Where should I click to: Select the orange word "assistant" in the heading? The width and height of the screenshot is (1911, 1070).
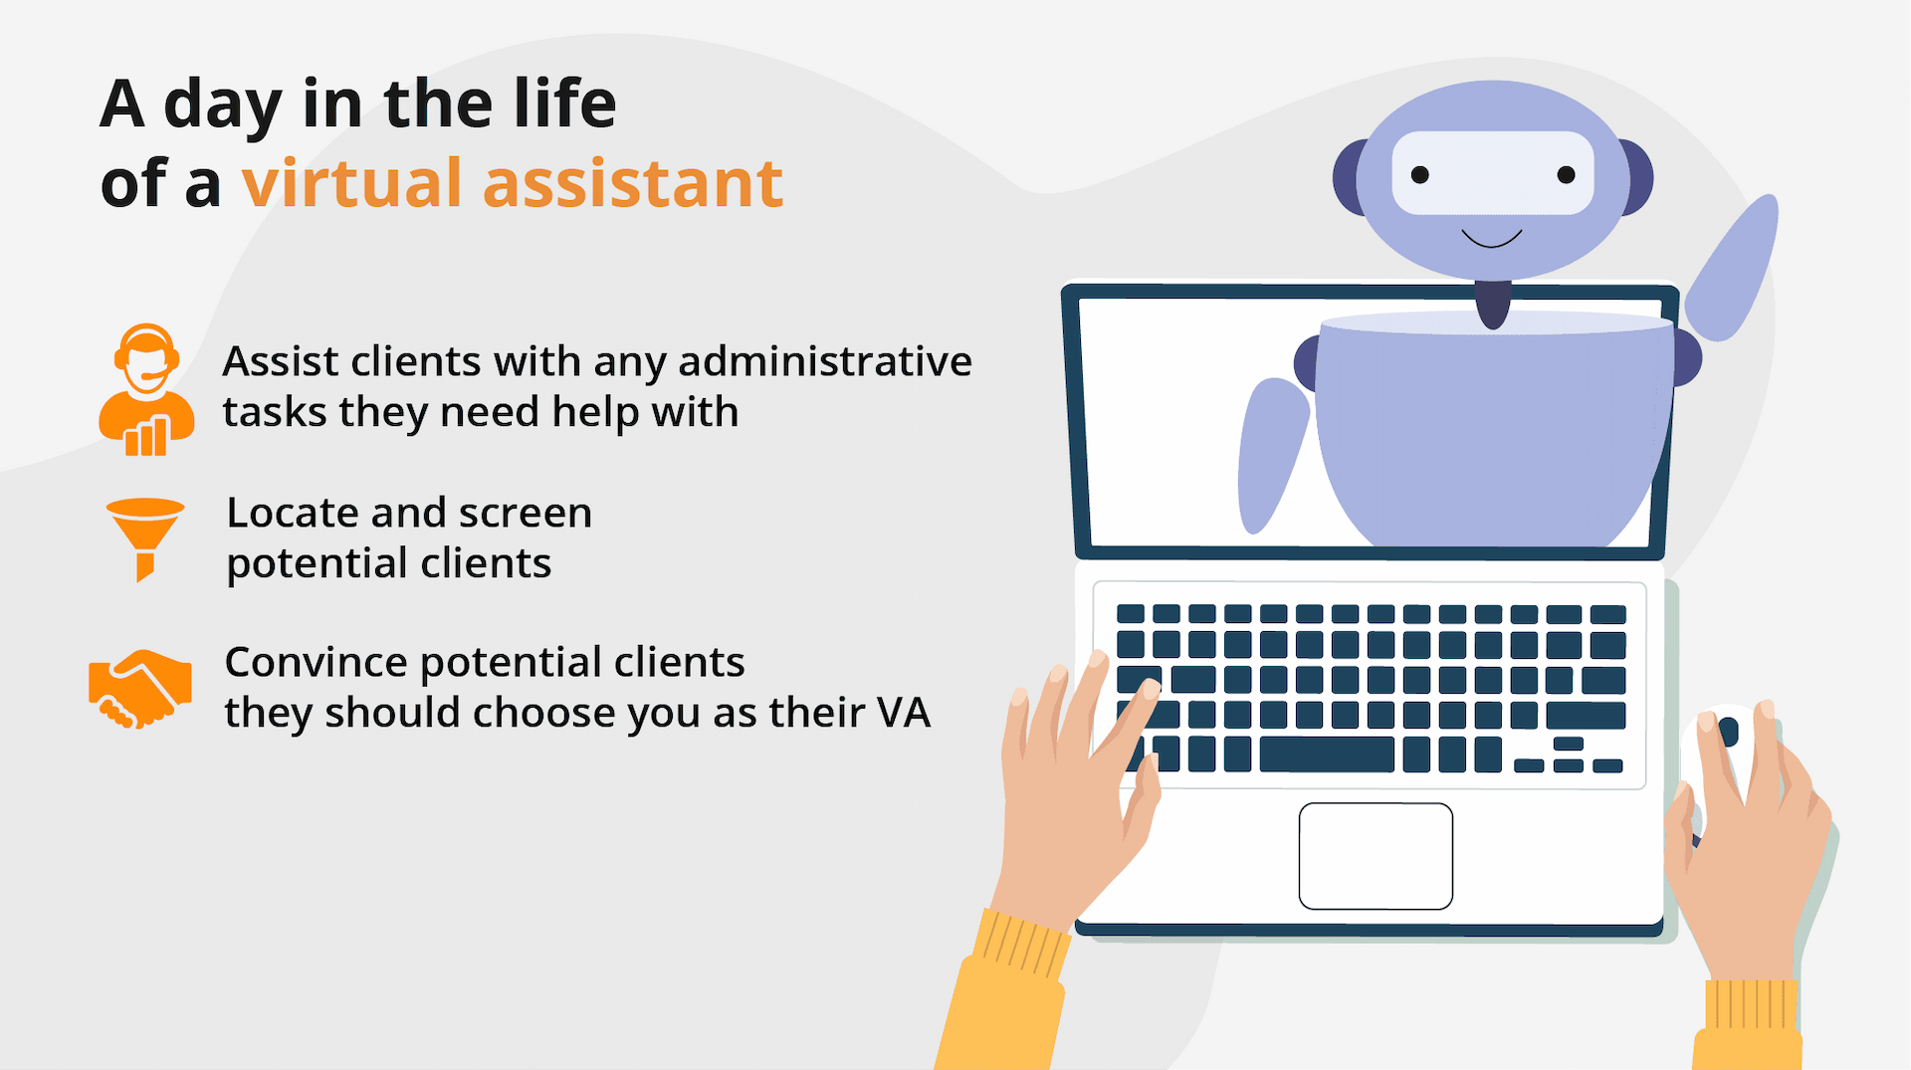click(633, 185)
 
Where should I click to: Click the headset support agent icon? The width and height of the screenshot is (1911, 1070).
click(146, 389)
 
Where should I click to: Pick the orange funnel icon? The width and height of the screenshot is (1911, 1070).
click(145, 538)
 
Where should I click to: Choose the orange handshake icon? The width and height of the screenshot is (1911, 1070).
click(140, 689)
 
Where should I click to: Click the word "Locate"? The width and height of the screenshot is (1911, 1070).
click(293, 513)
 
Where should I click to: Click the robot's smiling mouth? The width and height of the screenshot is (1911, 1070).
click(1491, 239)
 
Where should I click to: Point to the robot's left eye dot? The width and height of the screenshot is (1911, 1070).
click(1420, 175)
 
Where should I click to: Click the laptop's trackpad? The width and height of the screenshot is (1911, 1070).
click(1376, 856)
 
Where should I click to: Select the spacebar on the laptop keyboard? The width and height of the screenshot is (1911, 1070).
click(1326, 754)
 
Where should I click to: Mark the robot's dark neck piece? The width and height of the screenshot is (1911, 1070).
click(1492, 304)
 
